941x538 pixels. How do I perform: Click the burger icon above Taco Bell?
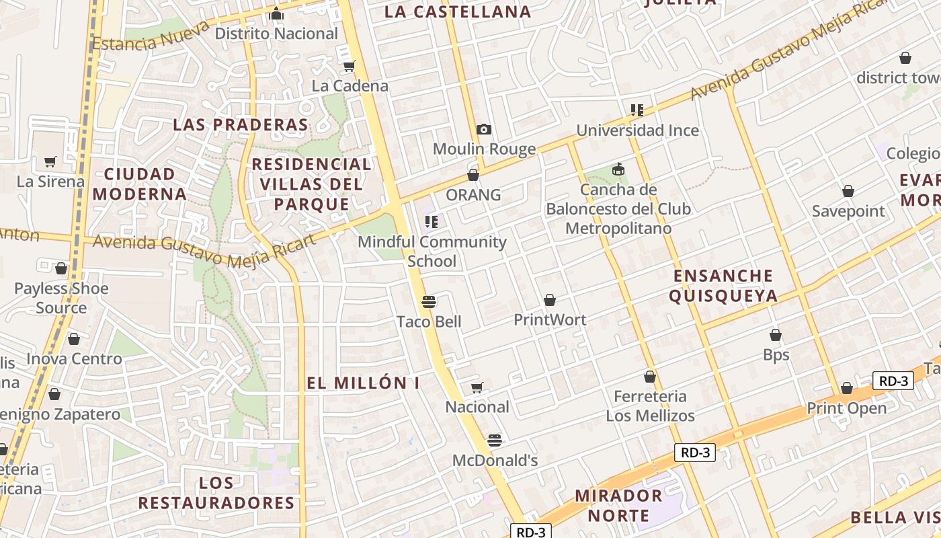(429, 301)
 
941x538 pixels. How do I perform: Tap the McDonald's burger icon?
(495, 440)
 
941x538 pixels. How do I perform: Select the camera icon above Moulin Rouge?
(483, 129)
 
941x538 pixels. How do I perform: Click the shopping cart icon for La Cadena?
(349, 66)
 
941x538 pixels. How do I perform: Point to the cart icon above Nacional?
(477, 387)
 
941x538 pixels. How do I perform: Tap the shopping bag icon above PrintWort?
(550, 299)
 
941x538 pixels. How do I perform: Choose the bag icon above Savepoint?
(848, 191)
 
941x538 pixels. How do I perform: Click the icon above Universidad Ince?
(637, 110)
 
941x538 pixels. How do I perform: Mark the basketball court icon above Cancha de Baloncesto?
(618, 169)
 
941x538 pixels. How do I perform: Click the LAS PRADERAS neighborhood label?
(241, 124)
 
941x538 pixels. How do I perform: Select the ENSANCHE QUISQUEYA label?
(723, 286)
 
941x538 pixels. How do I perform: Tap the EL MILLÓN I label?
(363, 383)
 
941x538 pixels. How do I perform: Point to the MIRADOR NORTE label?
(618, 506)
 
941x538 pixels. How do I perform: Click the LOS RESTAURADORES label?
(216, 493)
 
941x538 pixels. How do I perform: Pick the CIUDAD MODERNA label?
(140, 184)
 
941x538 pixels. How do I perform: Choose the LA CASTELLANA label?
(458, 11)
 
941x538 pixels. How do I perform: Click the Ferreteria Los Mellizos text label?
(650, 406)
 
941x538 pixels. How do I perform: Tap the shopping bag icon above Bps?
(776, 334)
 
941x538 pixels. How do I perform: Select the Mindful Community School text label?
(432, 251)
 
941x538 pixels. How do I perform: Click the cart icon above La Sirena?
(50, 161)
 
